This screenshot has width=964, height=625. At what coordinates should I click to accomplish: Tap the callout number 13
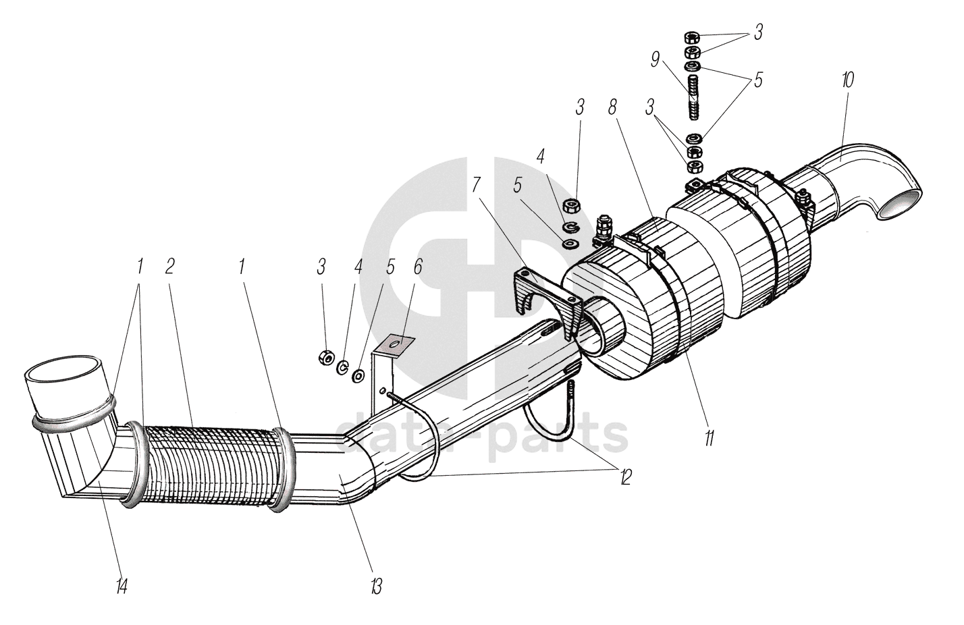point(376,586)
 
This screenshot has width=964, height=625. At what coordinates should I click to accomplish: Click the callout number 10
point(848,80)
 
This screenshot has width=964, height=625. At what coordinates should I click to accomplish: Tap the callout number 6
point(418,266)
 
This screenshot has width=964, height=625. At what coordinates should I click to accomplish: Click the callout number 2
point(169,266)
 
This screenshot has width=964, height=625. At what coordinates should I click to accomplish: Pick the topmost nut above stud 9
point(693,38)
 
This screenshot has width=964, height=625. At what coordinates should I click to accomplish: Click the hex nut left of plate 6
point(324,356)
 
